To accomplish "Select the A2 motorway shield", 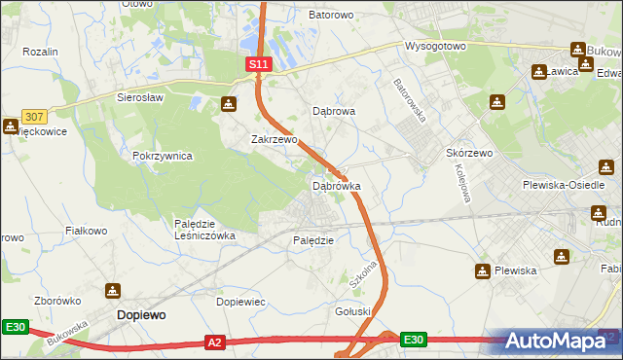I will (x=216, y=342).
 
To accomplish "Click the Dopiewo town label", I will (x=141, y=315).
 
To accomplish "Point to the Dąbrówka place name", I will (x=337, y=185).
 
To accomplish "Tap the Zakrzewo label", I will (x=274, y=139).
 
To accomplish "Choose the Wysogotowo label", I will (x=437, y=46).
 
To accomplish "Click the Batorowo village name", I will (x=331, y=16).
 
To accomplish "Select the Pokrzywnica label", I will (x=163, y=156).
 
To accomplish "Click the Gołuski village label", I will (x=354, y=311).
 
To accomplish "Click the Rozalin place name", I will (x=41, y=52).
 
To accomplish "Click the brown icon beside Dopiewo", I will (x=113, y=291).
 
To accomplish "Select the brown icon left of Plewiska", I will (x=482, y=270).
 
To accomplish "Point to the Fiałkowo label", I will (x=85, y=231).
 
